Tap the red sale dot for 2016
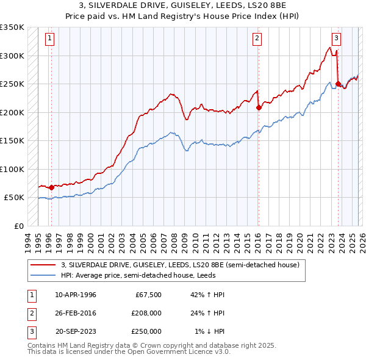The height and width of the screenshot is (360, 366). (259, 107)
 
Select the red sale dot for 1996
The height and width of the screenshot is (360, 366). (51, 187)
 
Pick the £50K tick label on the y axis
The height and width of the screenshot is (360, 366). (14, 198)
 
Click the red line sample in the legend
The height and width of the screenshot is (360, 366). (43, 265)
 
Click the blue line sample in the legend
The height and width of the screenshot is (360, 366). (43, 275)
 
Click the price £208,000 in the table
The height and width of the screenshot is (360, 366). (146, 313)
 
